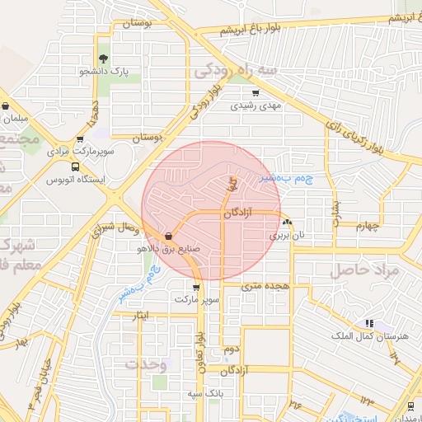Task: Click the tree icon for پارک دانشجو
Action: click(103, 59)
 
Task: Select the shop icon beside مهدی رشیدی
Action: click(256, 92)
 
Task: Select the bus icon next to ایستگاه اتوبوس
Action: click(76, 166)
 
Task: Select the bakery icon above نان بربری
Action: click(286, 222)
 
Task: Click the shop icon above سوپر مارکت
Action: click(195, 288)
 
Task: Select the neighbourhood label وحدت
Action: click(146, 363)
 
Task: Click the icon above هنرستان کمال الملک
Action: click(368, 323)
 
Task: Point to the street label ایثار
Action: click(141, 315)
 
